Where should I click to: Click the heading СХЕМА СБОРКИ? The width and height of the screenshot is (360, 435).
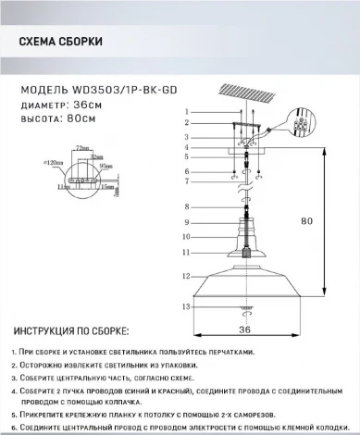tap(60, 43)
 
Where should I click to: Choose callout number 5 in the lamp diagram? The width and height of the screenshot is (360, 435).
tap(186, 156)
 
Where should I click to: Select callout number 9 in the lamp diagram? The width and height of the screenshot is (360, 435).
tap(186, 223)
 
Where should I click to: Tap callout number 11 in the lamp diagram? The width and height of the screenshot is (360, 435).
tap(185, 252)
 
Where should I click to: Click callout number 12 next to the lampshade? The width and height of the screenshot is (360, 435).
tap(185, 275)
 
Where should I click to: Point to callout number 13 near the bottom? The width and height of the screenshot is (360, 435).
tap(185, 305)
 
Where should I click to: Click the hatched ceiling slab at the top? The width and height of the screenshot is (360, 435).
tap(247, 97)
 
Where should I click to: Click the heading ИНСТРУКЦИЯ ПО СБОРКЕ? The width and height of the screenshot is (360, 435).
tap(70, 331)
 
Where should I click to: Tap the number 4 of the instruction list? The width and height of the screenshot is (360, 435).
tap(16, 391)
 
